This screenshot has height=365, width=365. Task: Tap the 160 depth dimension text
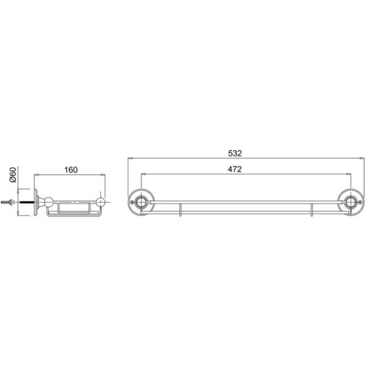pos(71,170)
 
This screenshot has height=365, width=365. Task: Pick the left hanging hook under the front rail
pos(181,210)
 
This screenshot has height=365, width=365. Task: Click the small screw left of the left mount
pos(132,200)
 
